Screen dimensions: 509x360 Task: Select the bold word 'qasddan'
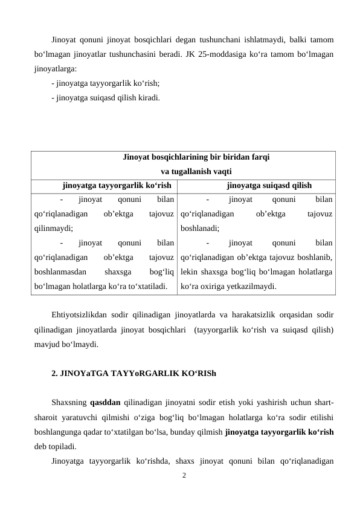point(106,404)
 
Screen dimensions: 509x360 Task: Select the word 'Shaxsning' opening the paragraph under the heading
point(69,404)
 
